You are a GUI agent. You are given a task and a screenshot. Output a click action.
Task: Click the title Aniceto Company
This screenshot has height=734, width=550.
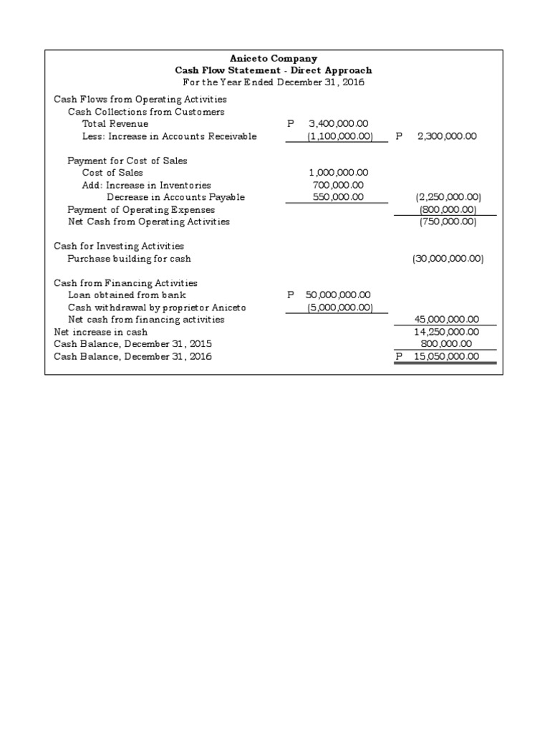pos(274,59)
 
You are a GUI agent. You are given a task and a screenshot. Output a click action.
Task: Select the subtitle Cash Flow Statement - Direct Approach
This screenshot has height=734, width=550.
pos(274,70)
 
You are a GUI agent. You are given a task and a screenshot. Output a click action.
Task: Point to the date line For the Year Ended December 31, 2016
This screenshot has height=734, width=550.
pos(274,82)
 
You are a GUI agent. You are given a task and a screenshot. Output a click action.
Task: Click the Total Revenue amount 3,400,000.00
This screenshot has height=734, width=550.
pos(338,124)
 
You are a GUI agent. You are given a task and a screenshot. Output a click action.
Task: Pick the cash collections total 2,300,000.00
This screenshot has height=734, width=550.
pos(447,136)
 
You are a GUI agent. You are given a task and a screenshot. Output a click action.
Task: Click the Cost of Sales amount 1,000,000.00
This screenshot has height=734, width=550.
pos(338,173)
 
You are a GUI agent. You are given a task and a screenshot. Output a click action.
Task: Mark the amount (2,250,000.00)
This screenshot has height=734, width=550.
pos(448,197)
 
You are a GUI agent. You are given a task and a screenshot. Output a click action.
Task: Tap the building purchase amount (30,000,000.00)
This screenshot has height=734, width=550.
pos(448,259)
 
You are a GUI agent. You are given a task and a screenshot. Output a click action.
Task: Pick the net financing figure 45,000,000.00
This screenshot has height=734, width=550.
pos(447,320)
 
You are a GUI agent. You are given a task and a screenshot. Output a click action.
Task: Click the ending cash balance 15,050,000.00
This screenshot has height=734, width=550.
pos(447,356)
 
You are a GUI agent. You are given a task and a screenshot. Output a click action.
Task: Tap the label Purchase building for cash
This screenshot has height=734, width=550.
pos(129,259)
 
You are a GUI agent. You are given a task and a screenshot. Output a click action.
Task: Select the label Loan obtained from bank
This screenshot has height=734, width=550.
pos(127,295)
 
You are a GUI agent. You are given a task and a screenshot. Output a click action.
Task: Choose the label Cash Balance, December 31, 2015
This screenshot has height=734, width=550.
pos(133,344)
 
